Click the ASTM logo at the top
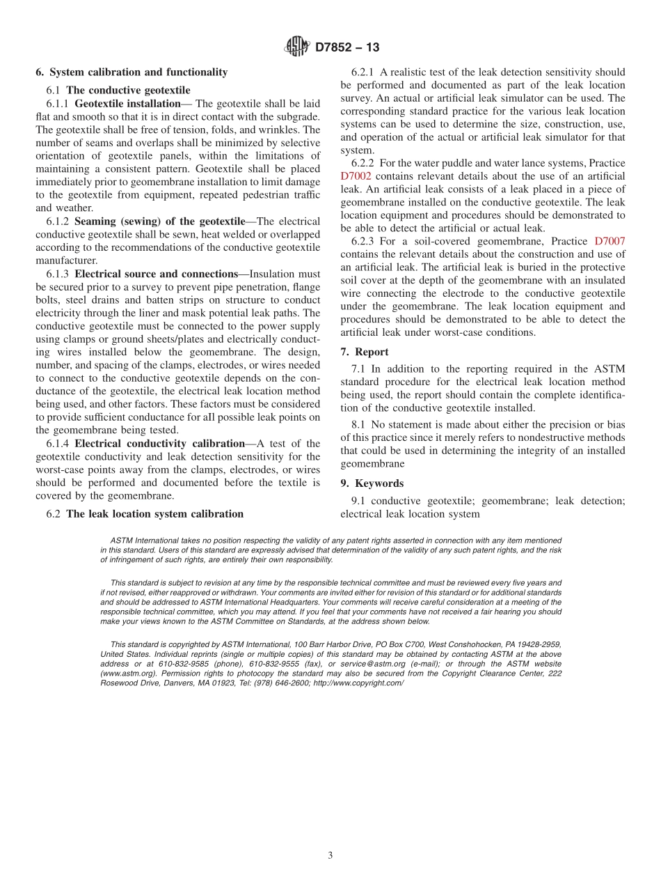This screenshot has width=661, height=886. tap(296, 47)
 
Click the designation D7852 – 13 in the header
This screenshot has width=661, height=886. tap(347, 47)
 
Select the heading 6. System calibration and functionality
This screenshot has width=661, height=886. tap(132, 72)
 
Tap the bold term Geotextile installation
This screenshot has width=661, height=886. tap(127, 103)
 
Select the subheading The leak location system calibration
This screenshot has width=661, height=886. tap(154, 514)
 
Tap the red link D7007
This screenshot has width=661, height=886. tap(610, 241)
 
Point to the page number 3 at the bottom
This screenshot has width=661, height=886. tap(330, 855)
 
